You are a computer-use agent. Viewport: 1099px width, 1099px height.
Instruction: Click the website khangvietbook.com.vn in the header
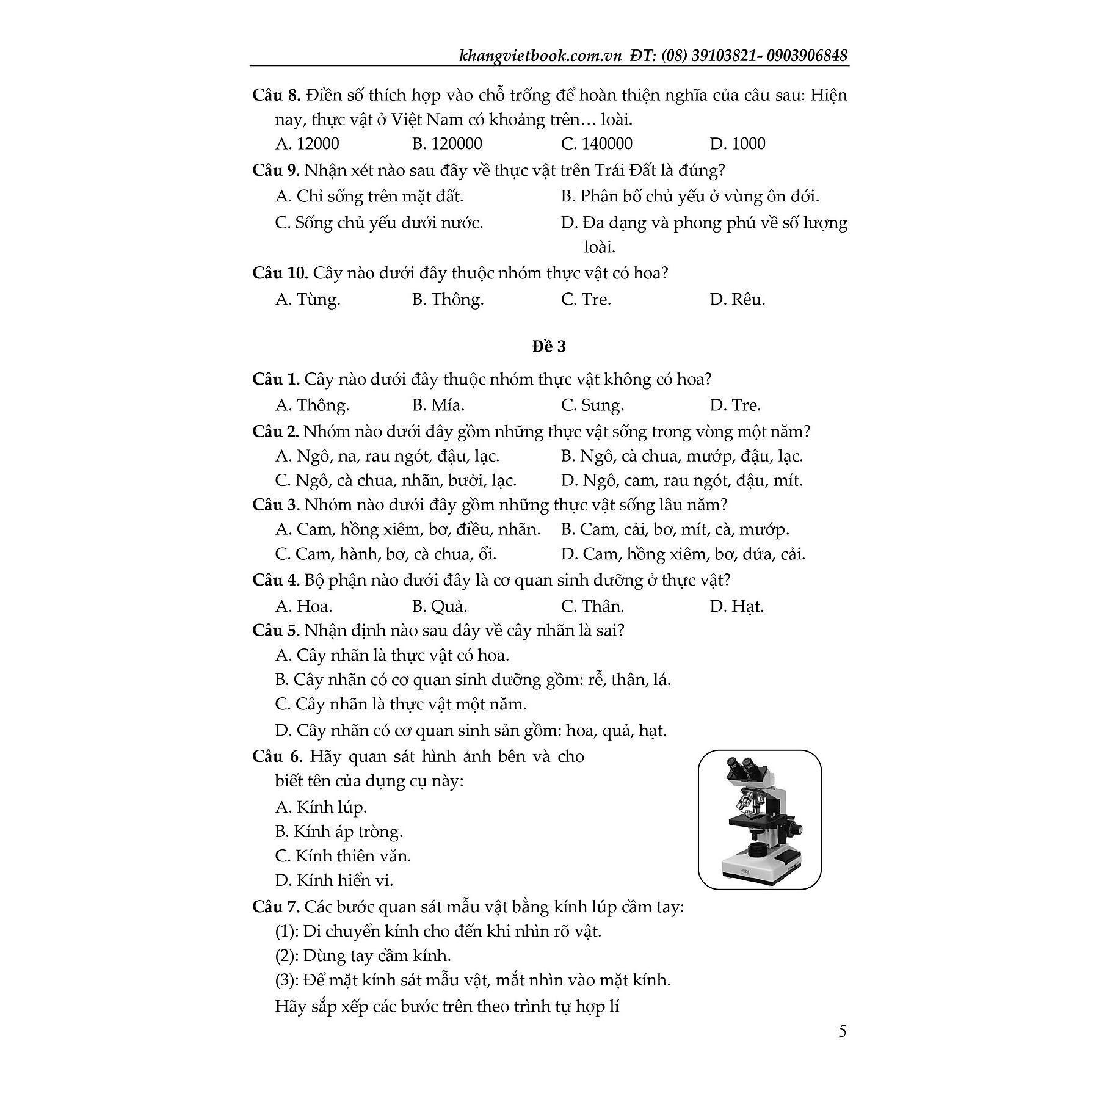click(540, 56)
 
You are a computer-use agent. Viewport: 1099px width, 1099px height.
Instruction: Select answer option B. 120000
click(447, 144)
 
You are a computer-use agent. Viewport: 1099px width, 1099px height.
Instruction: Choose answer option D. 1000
click(737, 144)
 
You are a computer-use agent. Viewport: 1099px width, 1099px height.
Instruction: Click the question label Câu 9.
click(275, 170)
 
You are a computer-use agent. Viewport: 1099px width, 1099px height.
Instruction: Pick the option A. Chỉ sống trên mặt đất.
click(369, 197)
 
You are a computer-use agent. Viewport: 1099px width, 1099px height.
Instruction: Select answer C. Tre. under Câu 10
click(586, 299)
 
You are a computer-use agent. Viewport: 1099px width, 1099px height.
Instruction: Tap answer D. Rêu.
click(737, 299)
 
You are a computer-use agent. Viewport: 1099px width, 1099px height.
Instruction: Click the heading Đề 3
click(549, 347)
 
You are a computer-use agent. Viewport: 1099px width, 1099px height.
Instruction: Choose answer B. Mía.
click(438, 405)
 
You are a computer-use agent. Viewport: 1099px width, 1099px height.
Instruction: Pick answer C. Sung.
click(592, 405)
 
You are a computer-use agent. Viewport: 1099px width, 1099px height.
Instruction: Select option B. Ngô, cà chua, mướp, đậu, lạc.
click(681, 456)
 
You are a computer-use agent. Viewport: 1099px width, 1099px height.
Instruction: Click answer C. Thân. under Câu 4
click(592, 606)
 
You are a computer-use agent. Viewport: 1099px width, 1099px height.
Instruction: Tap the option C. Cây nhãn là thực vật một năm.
click(401, 704)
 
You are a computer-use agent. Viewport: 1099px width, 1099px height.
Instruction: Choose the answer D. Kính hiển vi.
click(334, 880)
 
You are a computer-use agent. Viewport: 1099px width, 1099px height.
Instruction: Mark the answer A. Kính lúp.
click(321, 807)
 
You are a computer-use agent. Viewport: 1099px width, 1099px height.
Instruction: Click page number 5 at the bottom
click(843, 1032)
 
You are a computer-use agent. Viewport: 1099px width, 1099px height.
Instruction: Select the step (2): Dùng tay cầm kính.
click(363, 956)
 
